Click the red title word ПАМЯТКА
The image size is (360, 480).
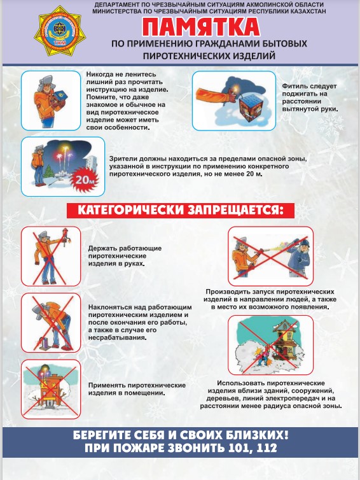pyautogui.click(x=201, y=27)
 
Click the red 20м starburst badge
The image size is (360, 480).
pyautogui.click(x=84, y=180)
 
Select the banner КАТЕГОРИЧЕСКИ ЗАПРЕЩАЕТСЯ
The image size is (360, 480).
pyautogui.click(x=181, y=211)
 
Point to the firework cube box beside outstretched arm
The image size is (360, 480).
pyautogui.click(x=253, y=107)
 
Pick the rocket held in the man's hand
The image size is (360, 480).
pyautogui.click(x=64, y=237)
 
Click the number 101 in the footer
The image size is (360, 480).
pyautogui.click(x=240, y=448)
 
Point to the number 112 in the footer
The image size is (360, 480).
pyautogui.click(x=267, y=448)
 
